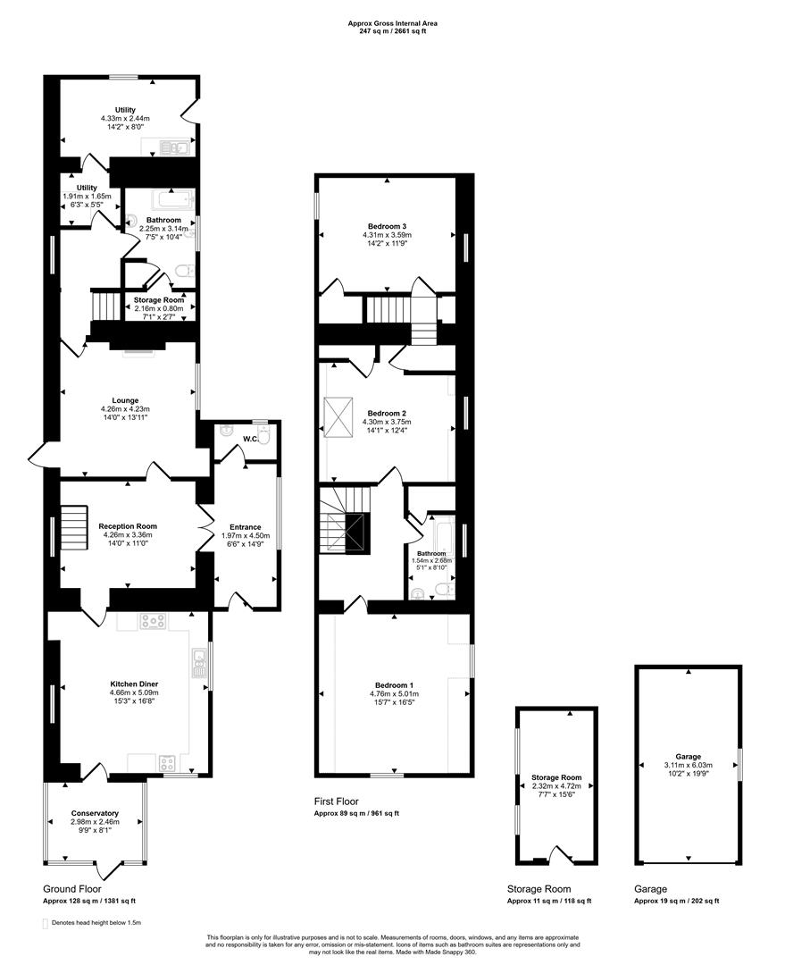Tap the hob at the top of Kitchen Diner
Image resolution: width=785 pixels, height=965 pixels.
pyautogui.click(x=152, y=622)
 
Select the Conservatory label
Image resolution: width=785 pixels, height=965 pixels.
pyautogui.click(x=95, y=813)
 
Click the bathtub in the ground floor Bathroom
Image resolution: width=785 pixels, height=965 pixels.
pyautogui.click(x=169, y=197)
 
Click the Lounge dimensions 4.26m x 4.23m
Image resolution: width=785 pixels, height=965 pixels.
pyautogui.click(x=125, y=410)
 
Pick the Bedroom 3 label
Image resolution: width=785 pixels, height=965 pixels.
pyautogui.click(x=388, y=226)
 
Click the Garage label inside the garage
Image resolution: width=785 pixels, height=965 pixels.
pyautogui.click(x=688, y=756)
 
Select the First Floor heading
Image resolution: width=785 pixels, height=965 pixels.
pyautogui.click(x=336, y=802)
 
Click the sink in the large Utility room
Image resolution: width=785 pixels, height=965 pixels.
pyautogui.click(x=175, y=148)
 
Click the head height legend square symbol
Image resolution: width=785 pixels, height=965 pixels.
pyautogui.click(x=45, y=922)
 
